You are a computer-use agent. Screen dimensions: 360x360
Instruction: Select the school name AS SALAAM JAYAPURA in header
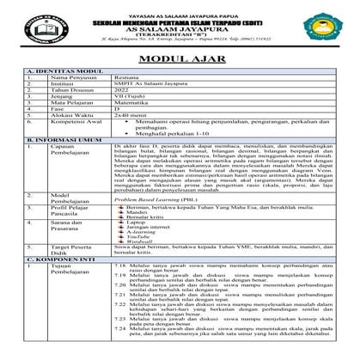[180, 27]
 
